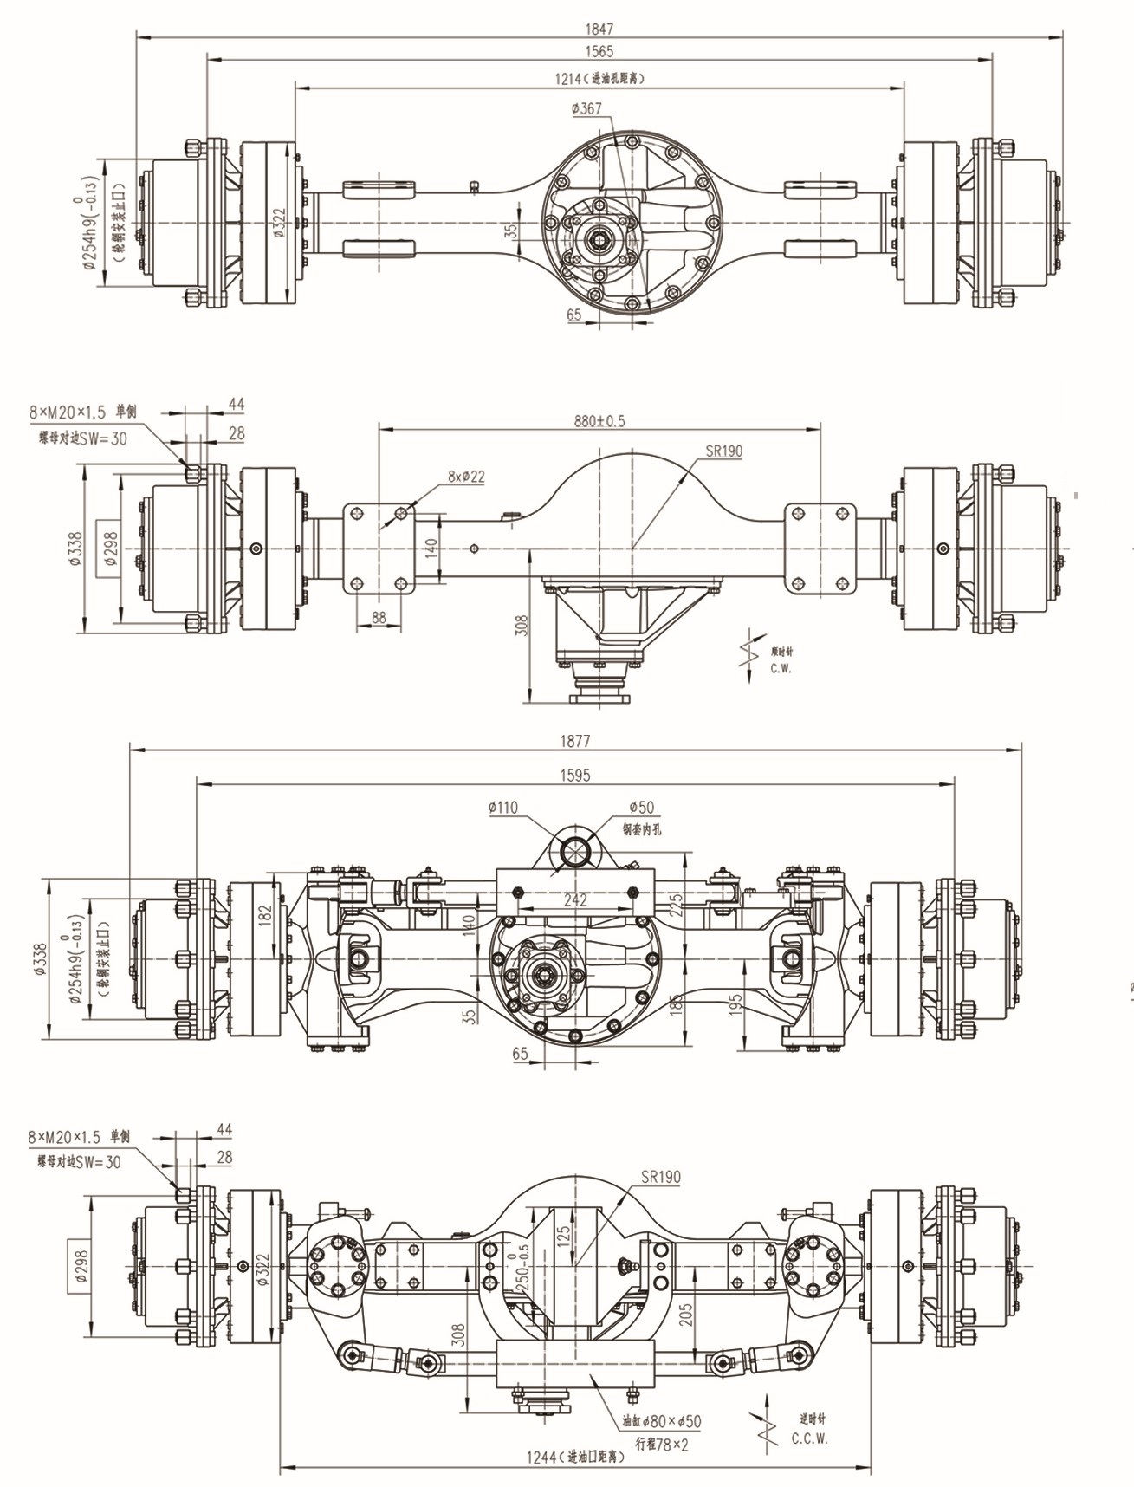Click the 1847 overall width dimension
point(599,29)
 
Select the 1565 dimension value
point(599,51)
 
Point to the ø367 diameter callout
point(586,108)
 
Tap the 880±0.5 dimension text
point(599,421)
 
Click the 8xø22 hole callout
point(466,476)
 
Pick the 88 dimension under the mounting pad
point(379,617)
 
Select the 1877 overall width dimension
point(575,741)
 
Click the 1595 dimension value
point(575,775)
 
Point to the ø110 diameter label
point(503,808)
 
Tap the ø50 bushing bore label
point(641,808)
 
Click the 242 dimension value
point(575,899)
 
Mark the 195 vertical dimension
point(735,1005)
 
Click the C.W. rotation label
point(781,667)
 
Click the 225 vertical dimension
point(677,905)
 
